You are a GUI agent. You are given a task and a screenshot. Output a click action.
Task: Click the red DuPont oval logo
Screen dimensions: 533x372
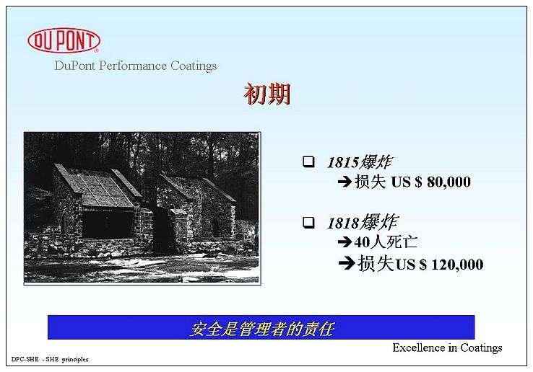coord(64,40)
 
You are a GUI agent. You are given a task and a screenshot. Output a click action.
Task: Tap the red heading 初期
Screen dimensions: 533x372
coord(267,94)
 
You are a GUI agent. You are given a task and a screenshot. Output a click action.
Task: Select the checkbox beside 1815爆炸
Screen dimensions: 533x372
coord(308,161)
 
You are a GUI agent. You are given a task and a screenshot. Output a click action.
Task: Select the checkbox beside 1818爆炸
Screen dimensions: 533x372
coord(308,222)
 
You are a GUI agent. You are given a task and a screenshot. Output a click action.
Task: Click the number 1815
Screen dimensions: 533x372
coord(343,163)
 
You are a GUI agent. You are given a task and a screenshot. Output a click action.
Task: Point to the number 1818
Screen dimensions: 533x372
coord(343,223)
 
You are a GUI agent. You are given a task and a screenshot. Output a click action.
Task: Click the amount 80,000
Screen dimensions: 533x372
coord(448,182)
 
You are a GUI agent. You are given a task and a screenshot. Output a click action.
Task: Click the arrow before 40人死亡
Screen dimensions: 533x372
coord(345,242)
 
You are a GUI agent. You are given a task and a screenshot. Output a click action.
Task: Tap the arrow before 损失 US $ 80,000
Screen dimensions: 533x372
coord(345,182)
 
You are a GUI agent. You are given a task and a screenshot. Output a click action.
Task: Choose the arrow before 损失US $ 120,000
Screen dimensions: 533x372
coord(347,264)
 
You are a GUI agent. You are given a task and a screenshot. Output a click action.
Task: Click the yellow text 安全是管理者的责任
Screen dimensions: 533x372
coord(261,329)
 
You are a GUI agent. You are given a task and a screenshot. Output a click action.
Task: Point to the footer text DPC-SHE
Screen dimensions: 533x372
coord(25,360)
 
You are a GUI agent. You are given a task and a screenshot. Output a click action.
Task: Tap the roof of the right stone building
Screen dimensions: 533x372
coord(197,187)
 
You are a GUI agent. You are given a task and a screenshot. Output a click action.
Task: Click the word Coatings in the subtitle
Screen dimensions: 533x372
coord(194,66)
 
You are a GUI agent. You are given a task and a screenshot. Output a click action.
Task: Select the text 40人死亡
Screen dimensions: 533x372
coord(386,242)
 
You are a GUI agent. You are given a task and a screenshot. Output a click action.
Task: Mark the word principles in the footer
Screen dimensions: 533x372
coord(75,360)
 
